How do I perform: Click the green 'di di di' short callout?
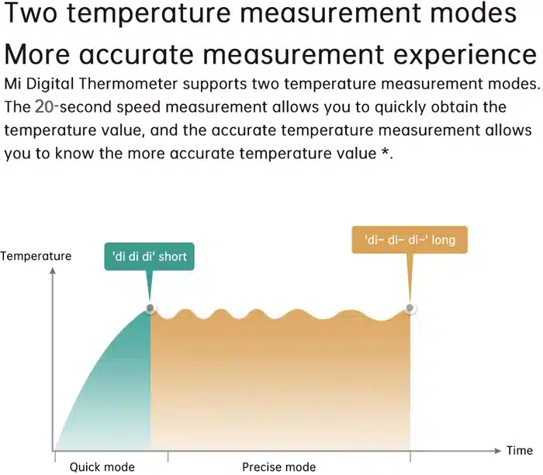point(149,256)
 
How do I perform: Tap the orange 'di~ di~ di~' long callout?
point(410,240)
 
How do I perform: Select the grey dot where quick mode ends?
point(150,307)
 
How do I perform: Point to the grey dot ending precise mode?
point(410,307)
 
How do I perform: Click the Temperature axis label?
point(36,256)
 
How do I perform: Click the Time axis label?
point(520,450)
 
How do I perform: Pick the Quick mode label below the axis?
point(102,467)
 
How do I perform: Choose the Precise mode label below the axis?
point(278,467)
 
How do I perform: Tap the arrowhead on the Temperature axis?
point(53,270)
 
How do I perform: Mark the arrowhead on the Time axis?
point(498,451)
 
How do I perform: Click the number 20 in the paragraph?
point(44,106)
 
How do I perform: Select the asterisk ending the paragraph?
point(385,152)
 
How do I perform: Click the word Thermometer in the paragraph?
point(129,84)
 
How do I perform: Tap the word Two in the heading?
point(30,13)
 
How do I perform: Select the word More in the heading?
point(37,54)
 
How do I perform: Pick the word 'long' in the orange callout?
point(443,241)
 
